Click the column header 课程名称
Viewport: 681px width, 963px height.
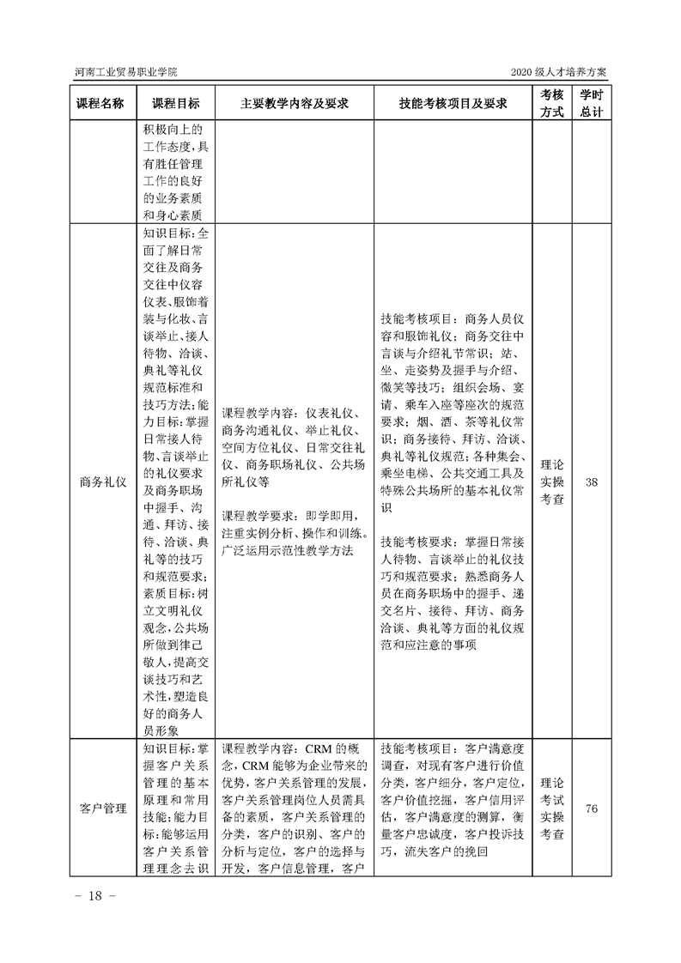click(100, 103)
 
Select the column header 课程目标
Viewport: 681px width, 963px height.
click(176, 103)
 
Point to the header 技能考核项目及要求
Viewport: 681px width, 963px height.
click(453, 103)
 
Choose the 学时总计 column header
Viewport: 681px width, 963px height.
click(591, 103)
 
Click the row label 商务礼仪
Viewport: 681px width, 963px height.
click(100, 482)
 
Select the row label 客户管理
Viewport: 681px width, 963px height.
click(100, 809)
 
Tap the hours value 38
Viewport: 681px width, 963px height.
click(591, 482)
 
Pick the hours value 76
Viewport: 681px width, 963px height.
click(591, 809)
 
